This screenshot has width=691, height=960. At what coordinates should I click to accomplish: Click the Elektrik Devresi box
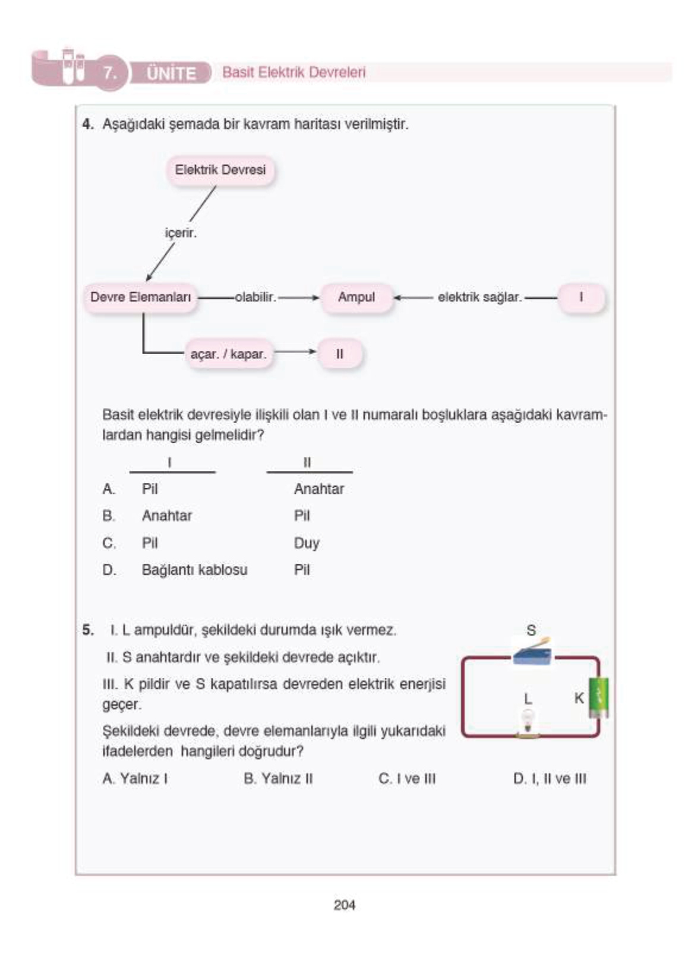coord(220,170)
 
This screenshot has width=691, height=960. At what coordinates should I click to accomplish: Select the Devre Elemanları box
coord(140,297)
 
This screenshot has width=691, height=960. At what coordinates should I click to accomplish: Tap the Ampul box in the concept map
coord(356,297)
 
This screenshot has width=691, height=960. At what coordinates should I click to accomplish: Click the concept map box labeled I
coord(580,297)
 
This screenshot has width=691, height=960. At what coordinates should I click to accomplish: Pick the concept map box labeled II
coord(339,354)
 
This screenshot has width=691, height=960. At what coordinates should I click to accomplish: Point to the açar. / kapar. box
coord(228,354)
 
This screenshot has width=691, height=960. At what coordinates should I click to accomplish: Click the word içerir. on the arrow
coord(181,233)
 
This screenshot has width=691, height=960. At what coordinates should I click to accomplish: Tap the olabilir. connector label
coord(255,297)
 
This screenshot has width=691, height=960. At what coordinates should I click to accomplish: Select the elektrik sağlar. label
coord(479,297)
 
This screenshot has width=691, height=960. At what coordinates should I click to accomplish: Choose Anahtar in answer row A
coord(319,489)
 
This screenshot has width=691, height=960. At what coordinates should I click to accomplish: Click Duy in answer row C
coord(307,543)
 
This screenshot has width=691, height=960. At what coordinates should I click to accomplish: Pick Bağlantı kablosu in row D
coord(194,570)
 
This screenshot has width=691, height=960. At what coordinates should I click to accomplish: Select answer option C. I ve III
coord(407,778)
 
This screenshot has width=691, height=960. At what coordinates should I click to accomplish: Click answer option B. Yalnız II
coord(278,778)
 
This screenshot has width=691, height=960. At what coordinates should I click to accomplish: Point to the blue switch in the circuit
coord(532,653)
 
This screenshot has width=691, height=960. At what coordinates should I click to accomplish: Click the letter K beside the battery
coord(579,698)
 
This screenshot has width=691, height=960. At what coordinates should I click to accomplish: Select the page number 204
coord(345,905)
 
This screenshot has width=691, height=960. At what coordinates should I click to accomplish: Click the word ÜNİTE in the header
coord(171,74)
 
